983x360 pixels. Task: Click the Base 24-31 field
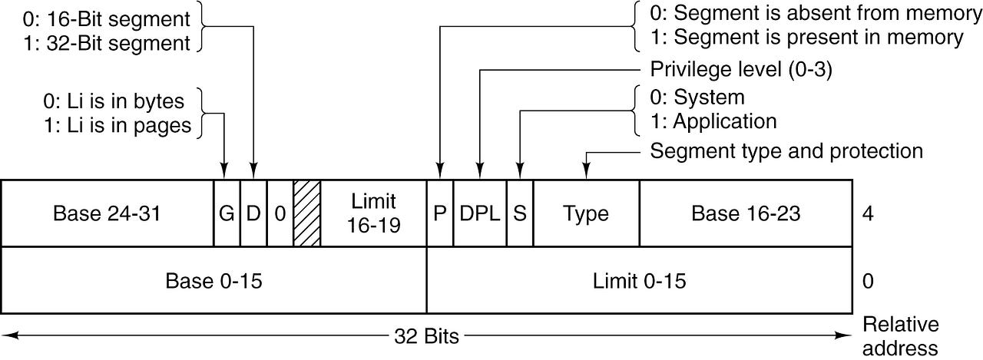107,213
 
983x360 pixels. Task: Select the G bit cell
227,213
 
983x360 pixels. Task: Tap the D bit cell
253,213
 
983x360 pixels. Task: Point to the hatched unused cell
306,213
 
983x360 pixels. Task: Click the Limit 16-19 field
373,213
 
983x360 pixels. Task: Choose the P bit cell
440,213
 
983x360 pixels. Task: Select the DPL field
480,213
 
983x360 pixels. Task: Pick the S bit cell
520,213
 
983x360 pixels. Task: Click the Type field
586,213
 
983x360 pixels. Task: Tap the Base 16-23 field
745,213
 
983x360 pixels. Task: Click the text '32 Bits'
426,336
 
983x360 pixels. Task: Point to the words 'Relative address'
901,336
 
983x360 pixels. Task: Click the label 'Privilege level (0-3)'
741,70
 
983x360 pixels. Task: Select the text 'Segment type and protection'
786,150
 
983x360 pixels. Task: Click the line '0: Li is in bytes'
115,101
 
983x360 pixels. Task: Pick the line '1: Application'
713,121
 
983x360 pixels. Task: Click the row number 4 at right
867,213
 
